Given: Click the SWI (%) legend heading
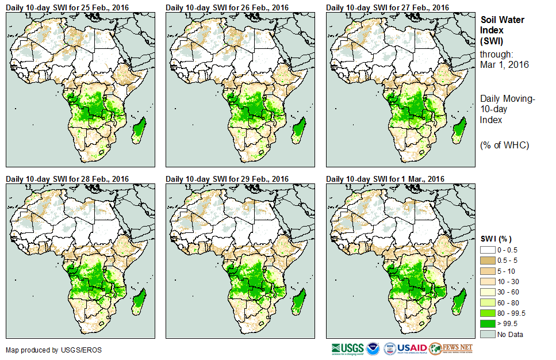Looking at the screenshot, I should (496, 239).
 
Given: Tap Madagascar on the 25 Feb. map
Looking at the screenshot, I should (139, 129).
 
